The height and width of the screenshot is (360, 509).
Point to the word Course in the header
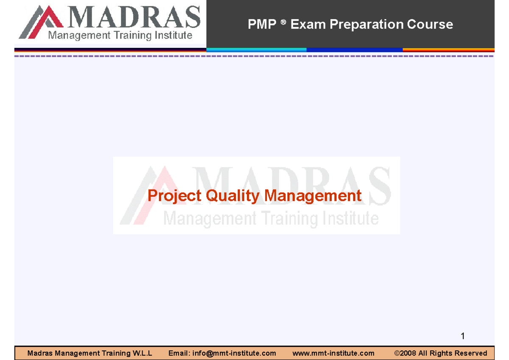click(x=430, y=25)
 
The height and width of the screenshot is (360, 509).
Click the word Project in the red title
click(x=175, y=196)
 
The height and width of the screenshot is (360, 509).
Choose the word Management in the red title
click(x=313, y=196)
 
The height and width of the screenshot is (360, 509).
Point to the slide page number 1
click(x=463, y=336)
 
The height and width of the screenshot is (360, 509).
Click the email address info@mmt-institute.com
click(x=234, y=353)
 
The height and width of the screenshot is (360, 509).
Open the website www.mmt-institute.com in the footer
click(x=333, y=353)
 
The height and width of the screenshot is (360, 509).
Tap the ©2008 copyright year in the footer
click(x=406, y=353)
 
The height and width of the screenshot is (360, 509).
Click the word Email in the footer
click(x=179, y=353)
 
